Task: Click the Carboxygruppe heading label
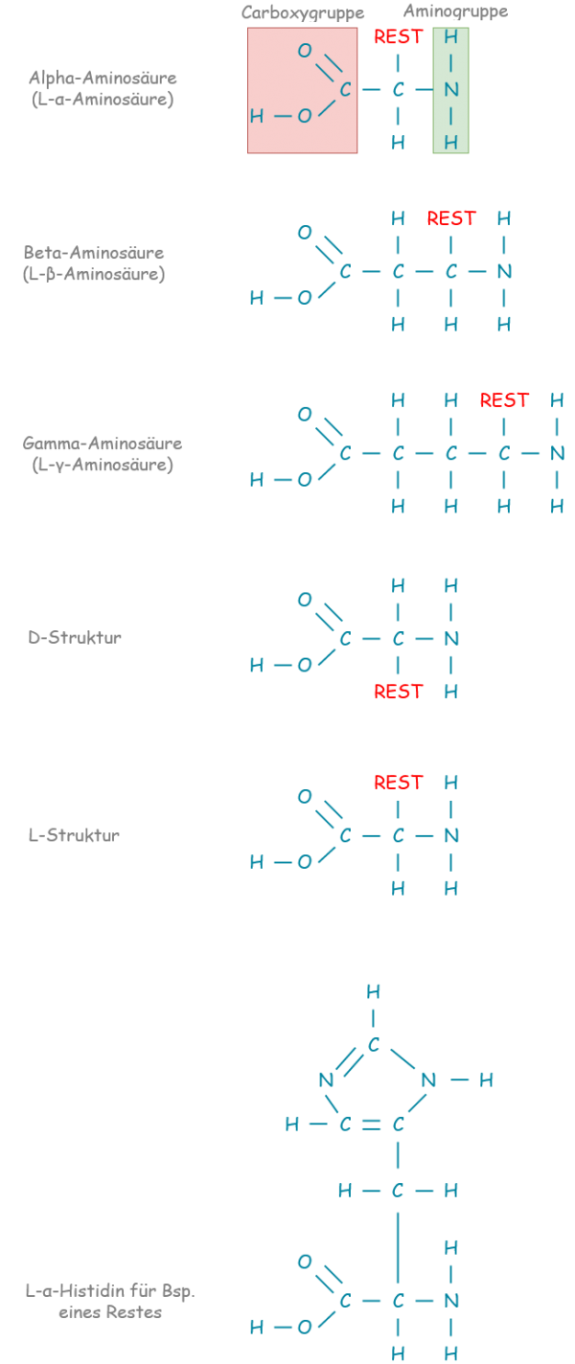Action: pos(303,13)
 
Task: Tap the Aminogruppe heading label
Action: pos(455,11)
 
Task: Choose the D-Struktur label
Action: pos(75,638)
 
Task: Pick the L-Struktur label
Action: pos(74,835)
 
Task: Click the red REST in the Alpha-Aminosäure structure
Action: pos(398,37)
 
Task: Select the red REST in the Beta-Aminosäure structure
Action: pos(450,218)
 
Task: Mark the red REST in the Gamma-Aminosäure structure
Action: pos(504,400)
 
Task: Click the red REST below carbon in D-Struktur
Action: pos(398,692)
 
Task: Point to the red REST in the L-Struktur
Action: pos(398,783)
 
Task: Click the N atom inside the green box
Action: pos(450,90)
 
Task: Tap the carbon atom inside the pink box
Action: pos(345,90)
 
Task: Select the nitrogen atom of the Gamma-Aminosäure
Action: pos(557,454)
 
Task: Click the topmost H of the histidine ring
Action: pos(373,992)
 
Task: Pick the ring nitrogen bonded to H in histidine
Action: pos(428,1080)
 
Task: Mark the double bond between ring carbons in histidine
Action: pos(372,1125)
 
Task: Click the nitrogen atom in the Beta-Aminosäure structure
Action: pos(504,272)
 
